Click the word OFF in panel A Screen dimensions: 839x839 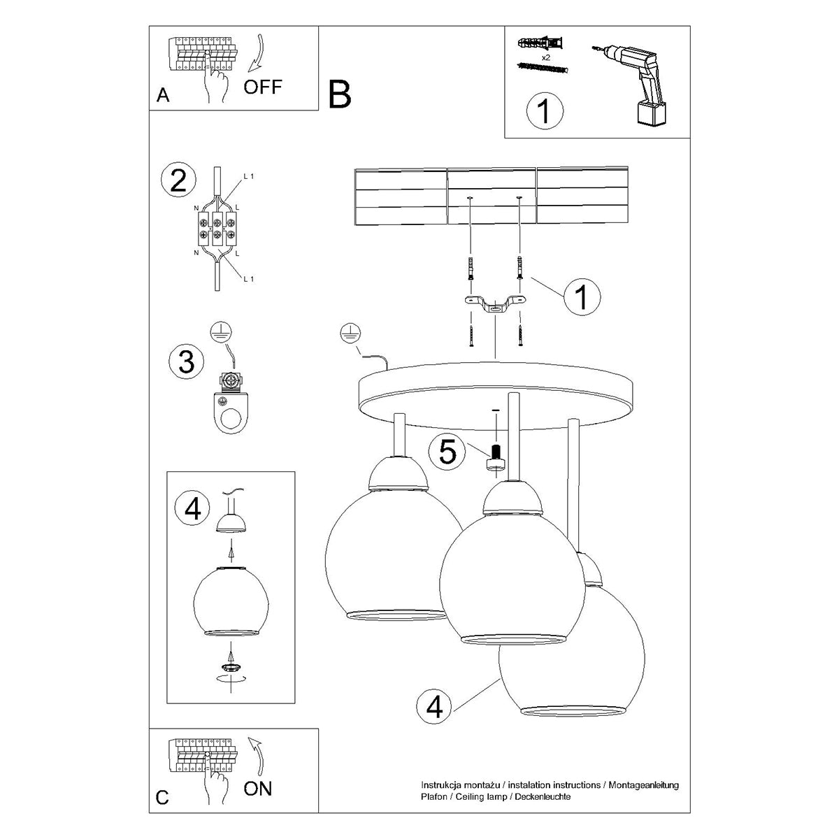[263, 87]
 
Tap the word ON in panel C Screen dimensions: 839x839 [258, 789]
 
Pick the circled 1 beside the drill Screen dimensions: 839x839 [544, 111]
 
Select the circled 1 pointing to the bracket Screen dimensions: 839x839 [582, 297]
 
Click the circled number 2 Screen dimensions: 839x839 [178, 181]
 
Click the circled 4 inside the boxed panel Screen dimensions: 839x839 [193, 508]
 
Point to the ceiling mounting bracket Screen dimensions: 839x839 [495, 306]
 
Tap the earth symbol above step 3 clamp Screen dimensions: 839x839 [222, 332]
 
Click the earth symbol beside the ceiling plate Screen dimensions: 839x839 [348, 335]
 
